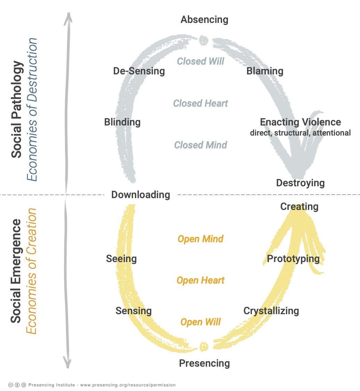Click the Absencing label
coord(204,19)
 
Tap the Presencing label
coord(204,363)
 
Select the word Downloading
coord(141,195)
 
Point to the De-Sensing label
coord(139,71)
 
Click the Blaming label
coord(265,71)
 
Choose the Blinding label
coord(122,122)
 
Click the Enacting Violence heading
coord(300,122)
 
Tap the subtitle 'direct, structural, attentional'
coord(300,133)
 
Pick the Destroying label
coord(300,183)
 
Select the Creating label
coord(299,206)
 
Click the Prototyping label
coord(293,259)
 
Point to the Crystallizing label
coord(271,310)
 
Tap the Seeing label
coord(121,259)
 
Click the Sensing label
coord(133,310)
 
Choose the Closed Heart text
coord(201,103)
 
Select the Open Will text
coord(201,322)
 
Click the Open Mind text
coord(201,239)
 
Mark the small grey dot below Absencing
coord(204,40)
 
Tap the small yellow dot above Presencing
coord(204,346)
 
